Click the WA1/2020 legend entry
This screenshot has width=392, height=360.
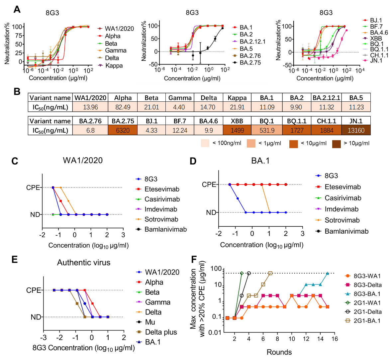119,29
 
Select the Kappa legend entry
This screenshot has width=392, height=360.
114,65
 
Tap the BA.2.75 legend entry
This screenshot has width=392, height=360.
250,63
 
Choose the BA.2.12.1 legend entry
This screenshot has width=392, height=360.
252,42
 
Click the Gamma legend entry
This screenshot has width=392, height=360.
116,51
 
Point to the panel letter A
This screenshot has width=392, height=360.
17,10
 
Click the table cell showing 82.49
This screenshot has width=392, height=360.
123,107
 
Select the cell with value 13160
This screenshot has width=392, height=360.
356,130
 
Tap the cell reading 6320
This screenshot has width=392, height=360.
123,130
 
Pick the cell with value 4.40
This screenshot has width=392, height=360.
179,107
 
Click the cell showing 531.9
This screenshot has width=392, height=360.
267,130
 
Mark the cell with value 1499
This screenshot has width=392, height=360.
237,130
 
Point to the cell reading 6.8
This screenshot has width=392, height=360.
90,130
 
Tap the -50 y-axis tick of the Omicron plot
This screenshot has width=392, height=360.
153,64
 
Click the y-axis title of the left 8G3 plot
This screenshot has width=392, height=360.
7,43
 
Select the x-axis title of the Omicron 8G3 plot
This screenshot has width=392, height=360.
192,78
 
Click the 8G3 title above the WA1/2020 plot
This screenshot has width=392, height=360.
52,13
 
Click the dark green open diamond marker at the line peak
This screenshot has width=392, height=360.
242,273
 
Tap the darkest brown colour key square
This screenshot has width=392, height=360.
336,144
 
